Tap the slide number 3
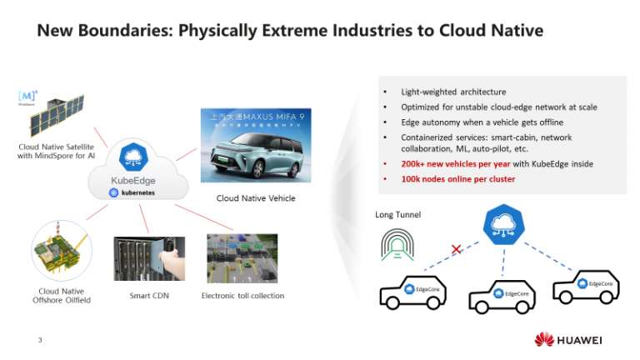pos(40,339)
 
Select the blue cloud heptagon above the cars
pos(502,226)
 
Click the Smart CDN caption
pos(150,295)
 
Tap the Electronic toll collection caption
pos(242,295)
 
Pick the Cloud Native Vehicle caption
pos(256,198)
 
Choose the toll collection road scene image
pos(242,259)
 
